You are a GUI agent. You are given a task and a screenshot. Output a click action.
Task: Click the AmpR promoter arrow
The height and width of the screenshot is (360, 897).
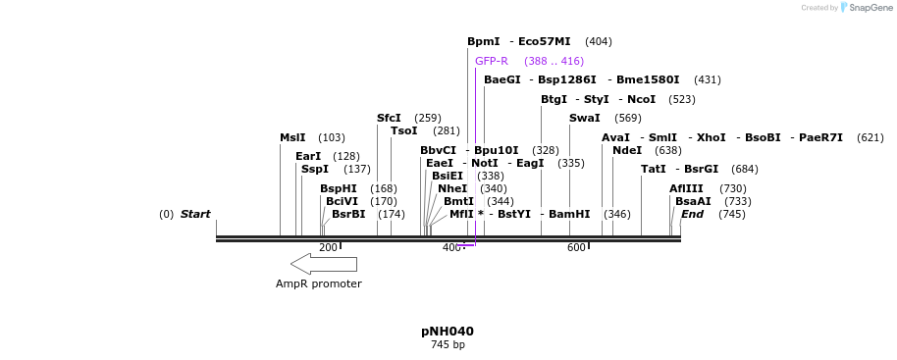323,263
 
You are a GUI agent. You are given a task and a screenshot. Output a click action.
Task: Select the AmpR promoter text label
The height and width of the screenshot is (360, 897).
318,284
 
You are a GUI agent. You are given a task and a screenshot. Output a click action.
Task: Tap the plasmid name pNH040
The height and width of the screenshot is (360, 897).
448,332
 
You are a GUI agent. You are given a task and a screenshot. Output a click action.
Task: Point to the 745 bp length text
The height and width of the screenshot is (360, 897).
448,345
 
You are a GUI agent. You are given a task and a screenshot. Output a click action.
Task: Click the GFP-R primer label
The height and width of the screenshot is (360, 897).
492,61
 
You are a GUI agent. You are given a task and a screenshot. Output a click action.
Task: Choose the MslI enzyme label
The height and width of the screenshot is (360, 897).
292,138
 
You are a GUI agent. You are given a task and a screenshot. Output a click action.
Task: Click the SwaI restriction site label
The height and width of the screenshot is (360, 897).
584,118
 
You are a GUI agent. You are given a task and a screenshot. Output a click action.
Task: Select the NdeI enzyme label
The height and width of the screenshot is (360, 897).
626,150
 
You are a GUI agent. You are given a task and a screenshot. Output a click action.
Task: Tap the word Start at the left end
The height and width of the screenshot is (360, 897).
195,214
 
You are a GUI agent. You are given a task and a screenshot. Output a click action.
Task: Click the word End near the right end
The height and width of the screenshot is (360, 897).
692,214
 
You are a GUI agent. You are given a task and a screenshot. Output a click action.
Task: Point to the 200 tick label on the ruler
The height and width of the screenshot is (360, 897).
328,248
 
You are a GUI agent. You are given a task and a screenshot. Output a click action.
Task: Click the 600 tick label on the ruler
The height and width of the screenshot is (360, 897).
576,248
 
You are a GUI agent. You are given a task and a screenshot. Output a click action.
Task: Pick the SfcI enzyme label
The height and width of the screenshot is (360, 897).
389,118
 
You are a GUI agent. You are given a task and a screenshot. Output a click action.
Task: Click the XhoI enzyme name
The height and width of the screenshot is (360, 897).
711,138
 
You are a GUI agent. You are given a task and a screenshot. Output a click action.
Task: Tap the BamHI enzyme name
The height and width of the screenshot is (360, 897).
569,214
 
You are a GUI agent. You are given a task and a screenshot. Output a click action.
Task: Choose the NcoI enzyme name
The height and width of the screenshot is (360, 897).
641,100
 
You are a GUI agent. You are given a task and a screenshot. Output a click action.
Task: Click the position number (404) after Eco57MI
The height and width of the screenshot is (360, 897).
598,42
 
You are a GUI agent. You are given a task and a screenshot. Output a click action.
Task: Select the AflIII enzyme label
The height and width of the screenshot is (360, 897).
686,188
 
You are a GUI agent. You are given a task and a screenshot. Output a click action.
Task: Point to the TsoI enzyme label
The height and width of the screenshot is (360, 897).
403,130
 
